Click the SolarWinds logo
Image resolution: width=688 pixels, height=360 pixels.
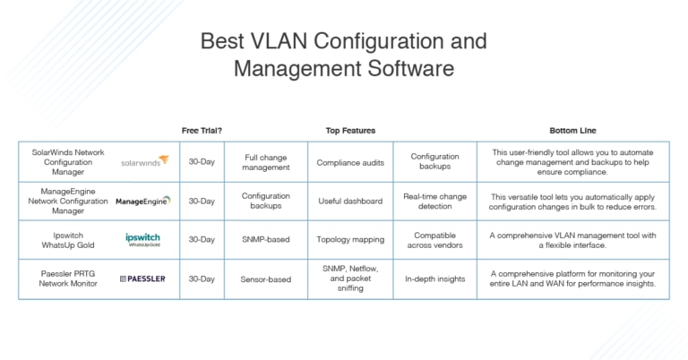pyautogui.click(x=144, y=162)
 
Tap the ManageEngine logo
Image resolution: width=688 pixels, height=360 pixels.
pyautogui.click(x=143, y=201)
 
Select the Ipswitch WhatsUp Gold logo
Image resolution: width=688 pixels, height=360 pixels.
pyautogui.click(x=143, y=239)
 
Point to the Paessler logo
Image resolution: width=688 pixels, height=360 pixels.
pyautogui.click(x=142, y=279)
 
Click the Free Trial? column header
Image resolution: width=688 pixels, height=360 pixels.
pyautogui.click(x=202, y=131)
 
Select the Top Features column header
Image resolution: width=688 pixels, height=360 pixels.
pyautogui.click(x=350, y=131)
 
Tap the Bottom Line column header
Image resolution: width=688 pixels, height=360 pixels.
pyautogui.click(x=572, y=131)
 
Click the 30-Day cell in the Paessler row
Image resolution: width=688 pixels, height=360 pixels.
pyautogui.click(x=202, y=279)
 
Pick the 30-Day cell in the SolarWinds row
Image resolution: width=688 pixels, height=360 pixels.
pyautogui.click(x=202, y=162)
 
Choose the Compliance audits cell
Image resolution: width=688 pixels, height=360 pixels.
pyautogui.click(x=350, y=162)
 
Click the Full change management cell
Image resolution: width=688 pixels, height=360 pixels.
pyautogui.click(x=266, y=162)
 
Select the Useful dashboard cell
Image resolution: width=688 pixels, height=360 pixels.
pyautogui.click(x=350, y=201)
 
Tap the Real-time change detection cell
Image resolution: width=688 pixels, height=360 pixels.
pyautogui.click(x=434, y=201)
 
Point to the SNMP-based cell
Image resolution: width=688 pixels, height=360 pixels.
pyautogui.click(x=266, y=239)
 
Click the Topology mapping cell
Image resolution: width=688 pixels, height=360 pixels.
pyautogui.click(x=350, y=239)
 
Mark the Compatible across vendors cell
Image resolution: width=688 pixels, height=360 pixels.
pyautogui.click(x=434, y=239)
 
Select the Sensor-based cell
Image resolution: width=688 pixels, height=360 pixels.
pyautogui.click(x=266, y=279)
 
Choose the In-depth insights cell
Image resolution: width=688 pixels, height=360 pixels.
pyautogui.click(x=434, y=279)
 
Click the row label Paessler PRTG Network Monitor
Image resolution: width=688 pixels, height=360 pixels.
pyautogui.click(x=68, y=279)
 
